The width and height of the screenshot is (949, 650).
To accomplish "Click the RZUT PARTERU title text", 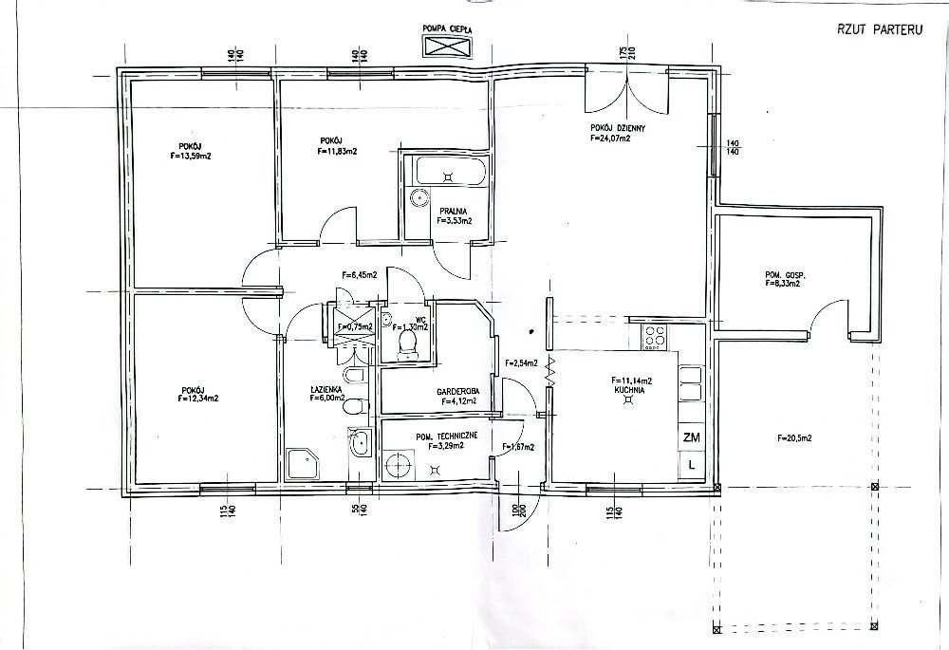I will click(x=873, y=29).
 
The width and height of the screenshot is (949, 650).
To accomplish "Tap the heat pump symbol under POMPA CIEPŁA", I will click(x=450, y=46).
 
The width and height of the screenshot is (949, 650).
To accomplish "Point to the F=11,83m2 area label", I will click(x=337, y=150).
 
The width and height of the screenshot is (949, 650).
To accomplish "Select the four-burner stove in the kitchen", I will click(x=655, y=335).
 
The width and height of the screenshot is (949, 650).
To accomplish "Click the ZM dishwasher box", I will click(x=691, y=437).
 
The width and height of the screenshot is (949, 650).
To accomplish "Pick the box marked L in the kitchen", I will click(x=691, y=466).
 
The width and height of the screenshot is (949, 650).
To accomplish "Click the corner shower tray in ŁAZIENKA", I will click(x=304, y=465).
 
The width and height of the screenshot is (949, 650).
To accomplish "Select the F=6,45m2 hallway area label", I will click(x=358, y=275).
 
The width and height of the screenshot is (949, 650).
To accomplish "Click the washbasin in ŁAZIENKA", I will click(x=361, y=442).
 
